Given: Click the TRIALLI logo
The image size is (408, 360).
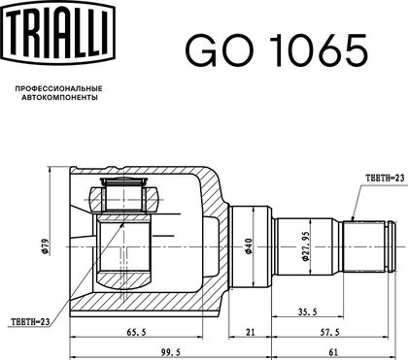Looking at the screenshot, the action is coord(59,32).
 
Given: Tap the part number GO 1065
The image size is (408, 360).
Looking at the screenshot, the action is coord(276,50).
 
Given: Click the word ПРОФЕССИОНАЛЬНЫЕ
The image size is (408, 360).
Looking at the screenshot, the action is coord(59,88).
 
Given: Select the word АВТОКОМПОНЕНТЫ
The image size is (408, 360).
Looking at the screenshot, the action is coord(59,97).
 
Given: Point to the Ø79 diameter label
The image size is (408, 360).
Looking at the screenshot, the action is coord(45,246).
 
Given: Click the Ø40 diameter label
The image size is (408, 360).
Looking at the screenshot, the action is coord(249,245).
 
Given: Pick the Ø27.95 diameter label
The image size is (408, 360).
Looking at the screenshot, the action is coord(305,245).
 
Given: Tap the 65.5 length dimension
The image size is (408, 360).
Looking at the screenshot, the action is coord(137,332).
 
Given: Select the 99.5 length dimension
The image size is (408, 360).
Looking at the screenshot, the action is coord(170,352).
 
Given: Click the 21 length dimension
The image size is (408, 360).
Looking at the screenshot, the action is coord(250,332).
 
